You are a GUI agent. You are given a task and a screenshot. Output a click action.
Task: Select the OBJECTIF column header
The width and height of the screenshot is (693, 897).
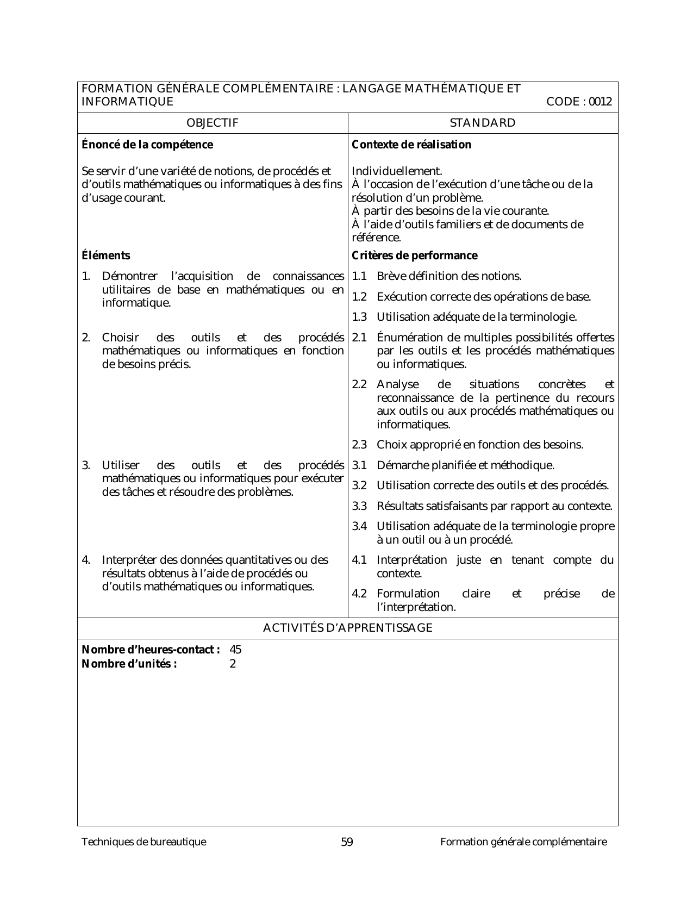tap(213, 123)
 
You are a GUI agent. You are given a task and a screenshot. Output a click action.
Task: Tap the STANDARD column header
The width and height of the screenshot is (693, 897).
tap(483, 123)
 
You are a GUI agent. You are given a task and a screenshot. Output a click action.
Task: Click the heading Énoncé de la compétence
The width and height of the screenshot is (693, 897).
tap(147, 145)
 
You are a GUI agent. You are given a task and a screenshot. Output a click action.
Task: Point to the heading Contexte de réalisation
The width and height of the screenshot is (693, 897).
tap(411, 145)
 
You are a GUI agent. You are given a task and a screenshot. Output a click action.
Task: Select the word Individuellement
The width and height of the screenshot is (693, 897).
tap(397, 171)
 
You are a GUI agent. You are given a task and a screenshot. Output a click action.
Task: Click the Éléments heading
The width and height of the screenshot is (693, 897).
tap(106, 256)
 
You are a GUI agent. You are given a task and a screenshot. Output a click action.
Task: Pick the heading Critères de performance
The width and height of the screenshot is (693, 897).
tap(415, 256)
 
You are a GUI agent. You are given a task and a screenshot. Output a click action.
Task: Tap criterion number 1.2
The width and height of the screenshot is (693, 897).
tap(359, 297)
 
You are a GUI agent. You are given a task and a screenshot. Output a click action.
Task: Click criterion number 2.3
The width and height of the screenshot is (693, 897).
tap(359, 445)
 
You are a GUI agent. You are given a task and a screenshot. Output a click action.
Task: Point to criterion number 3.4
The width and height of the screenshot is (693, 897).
tap(359, 526)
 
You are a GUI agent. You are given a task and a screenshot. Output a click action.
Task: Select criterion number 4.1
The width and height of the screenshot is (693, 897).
tap(359, 560)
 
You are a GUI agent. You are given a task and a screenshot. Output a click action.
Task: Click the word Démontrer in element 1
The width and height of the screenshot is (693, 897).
tap(129, 276)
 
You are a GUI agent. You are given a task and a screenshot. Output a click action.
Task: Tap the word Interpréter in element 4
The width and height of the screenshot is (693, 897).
tap(129, 560)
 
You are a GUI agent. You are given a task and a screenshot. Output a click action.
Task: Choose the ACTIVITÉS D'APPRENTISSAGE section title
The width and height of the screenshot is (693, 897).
tap(348, 628)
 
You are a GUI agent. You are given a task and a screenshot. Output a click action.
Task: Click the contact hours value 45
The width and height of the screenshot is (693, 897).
tap(236, 650)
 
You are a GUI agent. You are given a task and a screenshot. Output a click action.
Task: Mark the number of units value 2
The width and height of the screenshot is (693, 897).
tap(233, 664)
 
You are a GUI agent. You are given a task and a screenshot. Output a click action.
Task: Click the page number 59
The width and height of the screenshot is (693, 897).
tap(347, 843)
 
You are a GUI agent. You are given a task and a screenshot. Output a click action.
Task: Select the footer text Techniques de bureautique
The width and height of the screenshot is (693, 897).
tap(144, 843)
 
